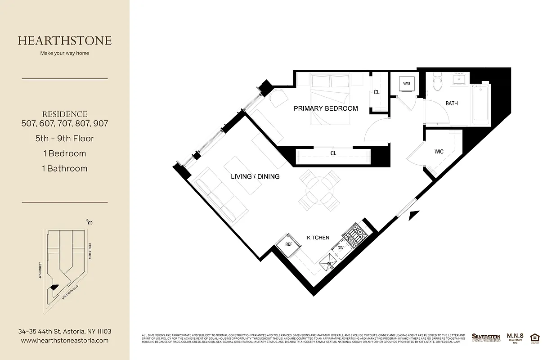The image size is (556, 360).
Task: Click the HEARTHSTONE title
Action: (x=65, y=40)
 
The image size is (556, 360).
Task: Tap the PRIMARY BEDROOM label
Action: (x=326, y=108)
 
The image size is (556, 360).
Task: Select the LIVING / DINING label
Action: (x=256, y=176)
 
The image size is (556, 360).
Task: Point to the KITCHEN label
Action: (x=318, y=238)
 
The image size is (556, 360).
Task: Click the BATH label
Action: (x=452, y=103)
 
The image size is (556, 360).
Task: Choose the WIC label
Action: (x=439, y=152)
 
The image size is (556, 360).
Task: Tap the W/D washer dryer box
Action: (x=407, y=84)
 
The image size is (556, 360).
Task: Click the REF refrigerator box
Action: (x=289, y=244)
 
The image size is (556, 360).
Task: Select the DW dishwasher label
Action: (x=341, y=247)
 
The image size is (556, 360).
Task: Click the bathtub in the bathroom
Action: (x=480, y=104)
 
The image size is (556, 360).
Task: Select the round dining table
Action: (x=319, y=190)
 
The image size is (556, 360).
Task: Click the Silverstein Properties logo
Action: (x=486, y=337)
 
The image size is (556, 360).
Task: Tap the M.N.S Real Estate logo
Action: (x=515, y=337)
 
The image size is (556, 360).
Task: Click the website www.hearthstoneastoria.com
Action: (x=65, y=341)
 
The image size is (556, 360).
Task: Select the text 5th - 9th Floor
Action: (x=65, y=139)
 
